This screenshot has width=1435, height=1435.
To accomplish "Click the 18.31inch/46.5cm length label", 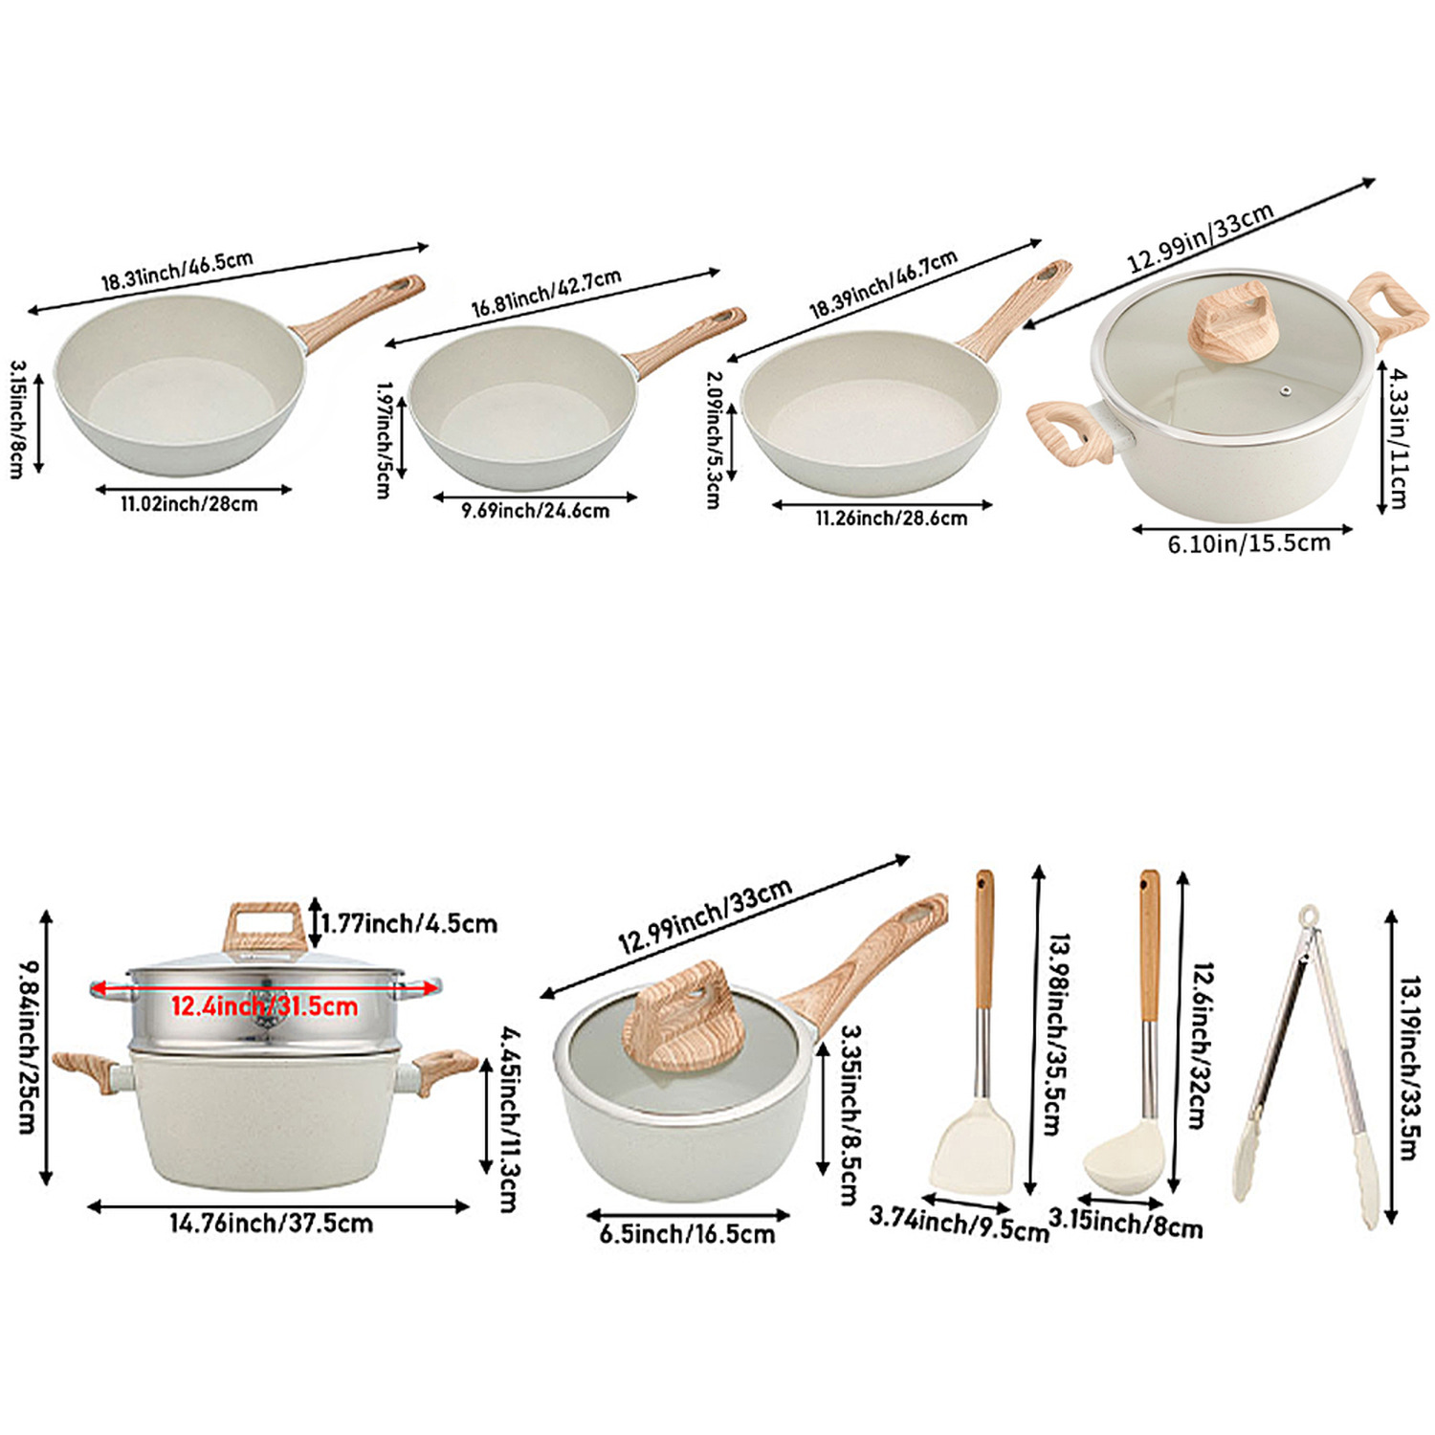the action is tap(178, 271).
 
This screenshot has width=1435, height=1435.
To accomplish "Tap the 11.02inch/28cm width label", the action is tap(189, 504).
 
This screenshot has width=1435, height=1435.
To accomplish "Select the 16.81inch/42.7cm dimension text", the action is tap(546, 293).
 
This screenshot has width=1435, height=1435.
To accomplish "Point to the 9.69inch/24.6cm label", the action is tap(536, 511).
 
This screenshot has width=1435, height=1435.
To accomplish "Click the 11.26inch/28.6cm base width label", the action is tap(892, 519).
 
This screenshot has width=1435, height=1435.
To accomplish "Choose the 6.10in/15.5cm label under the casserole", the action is tap(1248, 543).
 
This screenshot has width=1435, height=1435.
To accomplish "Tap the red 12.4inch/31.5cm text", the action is tap(265, 1006).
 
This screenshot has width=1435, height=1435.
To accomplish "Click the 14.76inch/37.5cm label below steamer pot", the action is tap(272, 1224).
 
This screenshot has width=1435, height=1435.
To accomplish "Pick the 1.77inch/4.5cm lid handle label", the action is tap(409, 924).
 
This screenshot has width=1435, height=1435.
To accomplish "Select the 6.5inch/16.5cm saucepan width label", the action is tap(688, 1234).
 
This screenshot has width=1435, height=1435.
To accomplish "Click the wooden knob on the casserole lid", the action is tap(1232, 320).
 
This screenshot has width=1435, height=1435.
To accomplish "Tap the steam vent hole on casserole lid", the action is tap(1286, 390).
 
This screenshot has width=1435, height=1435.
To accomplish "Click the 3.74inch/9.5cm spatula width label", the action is tap(960, 1225).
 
